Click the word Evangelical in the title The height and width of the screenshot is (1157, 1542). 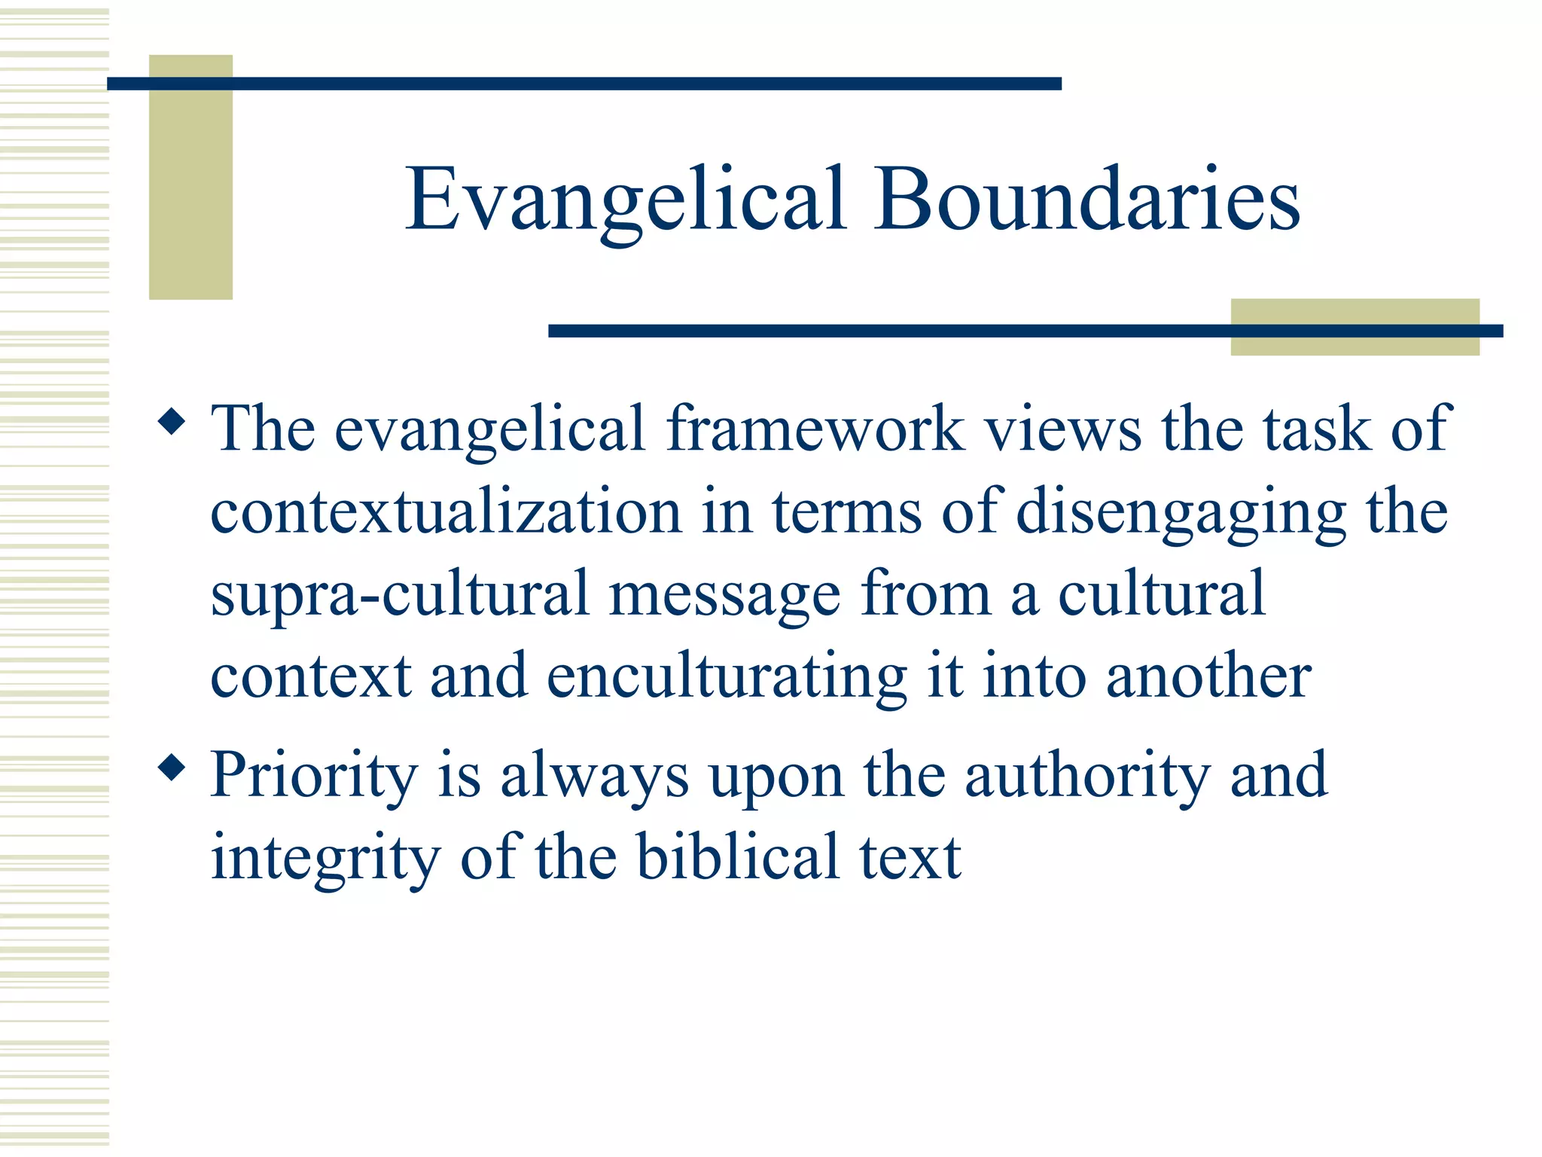pyautogui.click(x=625, y=200)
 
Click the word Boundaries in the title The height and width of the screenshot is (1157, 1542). pyautogui.click(x=1086, y=199)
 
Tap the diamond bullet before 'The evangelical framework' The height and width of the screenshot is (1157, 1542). pyautogui.click(x=172, y=423)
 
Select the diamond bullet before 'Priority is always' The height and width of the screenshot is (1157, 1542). pyautogui.click(x=172, y=769)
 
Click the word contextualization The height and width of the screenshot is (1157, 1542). pyautogui.click(x=446, y=512)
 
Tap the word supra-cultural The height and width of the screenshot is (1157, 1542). pyautogui.click(x=399, y=594)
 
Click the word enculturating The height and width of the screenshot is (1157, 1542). pyautogui.click(x=727, y=677)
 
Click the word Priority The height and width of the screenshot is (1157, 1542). pyautogui.click(x=314, y=776)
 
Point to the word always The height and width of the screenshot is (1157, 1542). pyautogui.click(x=594, y=776)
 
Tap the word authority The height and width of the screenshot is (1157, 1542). pyautogui.click(x=1087, y=776)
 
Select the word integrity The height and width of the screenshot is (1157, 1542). pyautogui.click(x=325, y=859)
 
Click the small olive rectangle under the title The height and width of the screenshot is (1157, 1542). pyautogui.click(x=1354, y=343)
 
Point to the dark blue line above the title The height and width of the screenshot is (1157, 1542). pyautogui.click(x=584, y=84)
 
